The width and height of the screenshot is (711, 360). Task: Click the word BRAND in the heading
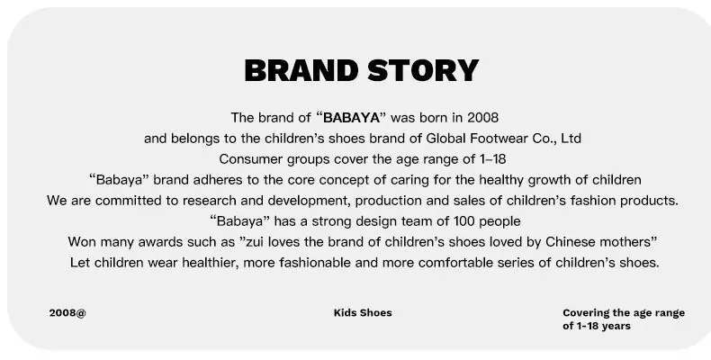pos(301,71)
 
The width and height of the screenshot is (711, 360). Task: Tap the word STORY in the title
pos(423,71)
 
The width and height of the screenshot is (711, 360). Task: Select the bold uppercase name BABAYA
pos(351,118)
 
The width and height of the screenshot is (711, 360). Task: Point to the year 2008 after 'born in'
pos(483,118)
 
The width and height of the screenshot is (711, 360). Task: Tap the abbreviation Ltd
pos(571,139)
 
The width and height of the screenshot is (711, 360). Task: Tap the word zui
pos(255,242)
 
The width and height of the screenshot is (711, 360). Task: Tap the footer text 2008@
pos(67,313)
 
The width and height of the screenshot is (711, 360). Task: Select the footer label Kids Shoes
pos(363,313)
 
